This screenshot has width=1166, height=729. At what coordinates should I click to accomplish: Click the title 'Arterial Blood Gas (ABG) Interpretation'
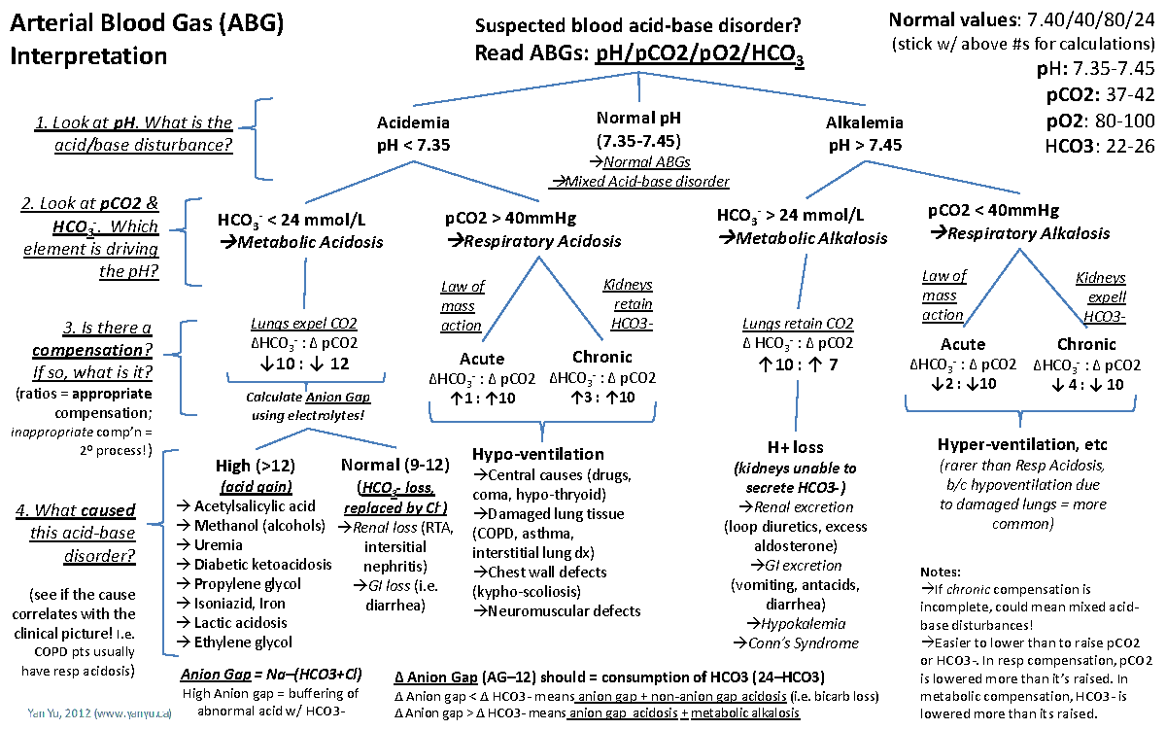(x=147, y=40)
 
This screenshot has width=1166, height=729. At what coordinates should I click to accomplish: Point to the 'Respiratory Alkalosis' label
(x=1019, y=233)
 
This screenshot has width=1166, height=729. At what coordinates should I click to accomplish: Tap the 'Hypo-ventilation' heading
(x=537, y=454)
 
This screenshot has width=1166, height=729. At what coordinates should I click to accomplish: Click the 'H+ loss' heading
(x=795, y=448)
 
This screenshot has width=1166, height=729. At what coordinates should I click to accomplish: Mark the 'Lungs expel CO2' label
(x=303, y=324)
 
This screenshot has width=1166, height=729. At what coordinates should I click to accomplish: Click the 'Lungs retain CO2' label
(x=798, y=324)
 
